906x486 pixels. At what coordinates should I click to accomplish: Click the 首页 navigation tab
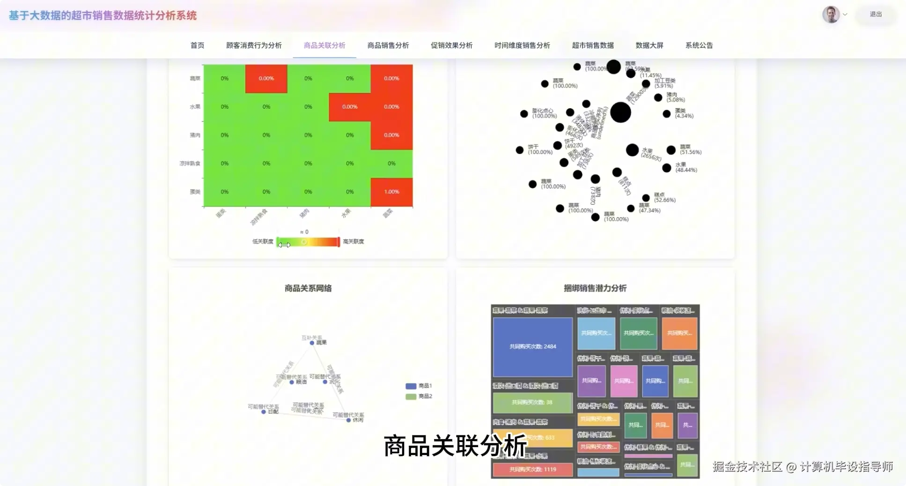[197, 45]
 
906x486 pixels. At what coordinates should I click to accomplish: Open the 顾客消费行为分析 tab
[254, 45]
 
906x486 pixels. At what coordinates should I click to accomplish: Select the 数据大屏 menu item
[649, 45]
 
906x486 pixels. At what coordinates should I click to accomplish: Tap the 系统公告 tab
[699, 45]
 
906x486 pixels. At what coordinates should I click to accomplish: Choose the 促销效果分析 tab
[451, 45]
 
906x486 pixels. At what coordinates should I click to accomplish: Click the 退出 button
[876, 15]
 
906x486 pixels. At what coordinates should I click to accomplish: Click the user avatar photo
[831, 15]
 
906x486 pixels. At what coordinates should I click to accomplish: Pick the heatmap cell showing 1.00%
[391, 192]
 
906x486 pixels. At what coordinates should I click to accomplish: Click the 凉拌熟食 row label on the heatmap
[190, 163]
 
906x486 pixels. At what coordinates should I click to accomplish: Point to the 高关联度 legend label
[353, 242]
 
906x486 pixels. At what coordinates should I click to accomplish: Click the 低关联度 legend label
[262, 242]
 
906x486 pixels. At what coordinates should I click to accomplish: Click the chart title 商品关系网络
[308, 288]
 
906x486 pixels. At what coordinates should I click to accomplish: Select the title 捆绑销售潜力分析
[595, 288]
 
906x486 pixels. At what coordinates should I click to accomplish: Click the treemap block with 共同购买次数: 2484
[532, 346]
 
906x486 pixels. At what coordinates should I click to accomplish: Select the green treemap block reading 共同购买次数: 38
[532, 402]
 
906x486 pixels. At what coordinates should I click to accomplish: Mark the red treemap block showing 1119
[532, 469]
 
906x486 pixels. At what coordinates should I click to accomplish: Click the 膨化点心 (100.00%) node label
[544, 113]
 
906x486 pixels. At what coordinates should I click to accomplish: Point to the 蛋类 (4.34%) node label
[684, 113]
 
